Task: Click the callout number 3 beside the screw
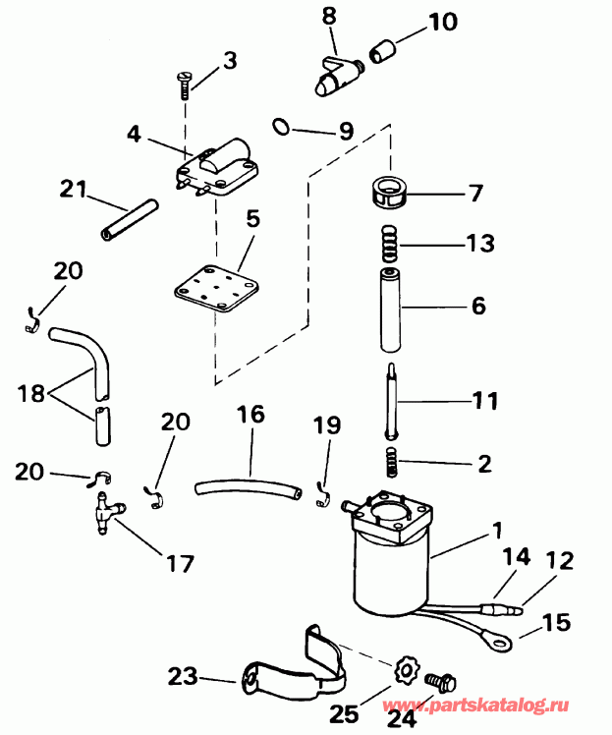coord(229,61)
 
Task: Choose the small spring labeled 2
coord(391,458)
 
